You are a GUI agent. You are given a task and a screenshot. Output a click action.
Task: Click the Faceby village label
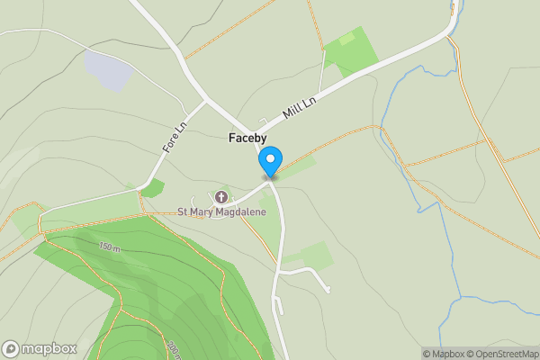pyautogui.click(x=246, y=139)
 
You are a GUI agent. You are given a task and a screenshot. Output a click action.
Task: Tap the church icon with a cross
pyautogui.click(x=221, y=197)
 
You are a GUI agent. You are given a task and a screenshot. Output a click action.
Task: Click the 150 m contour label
pyautogui.click(x=110, y=247)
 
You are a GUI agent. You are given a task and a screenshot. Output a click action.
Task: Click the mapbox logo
pyautogui.click(x=40, y=348)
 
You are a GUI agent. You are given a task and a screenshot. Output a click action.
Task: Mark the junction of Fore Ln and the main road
pyautogui.click(x=207, y=101)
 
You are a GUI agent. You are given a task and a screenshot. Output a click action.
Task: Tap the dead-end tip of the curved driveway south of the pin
pyautogui.click(x=328, y=289)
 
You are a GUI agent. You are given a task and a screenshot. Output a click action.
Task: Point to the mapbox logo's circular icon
pyautogui.click(x=11, y=348)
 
